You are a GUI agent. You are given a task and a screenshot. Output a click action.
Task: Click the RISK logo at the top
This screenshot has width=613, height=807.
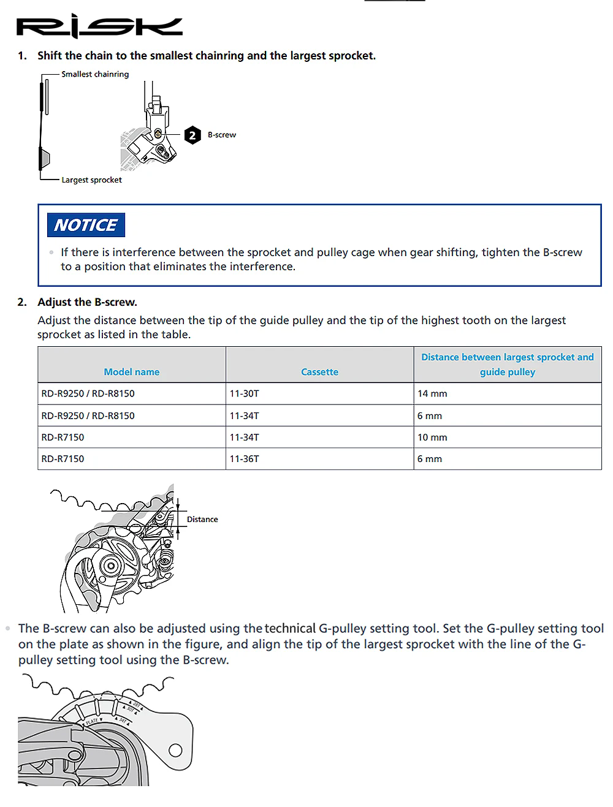[x=99, y=26]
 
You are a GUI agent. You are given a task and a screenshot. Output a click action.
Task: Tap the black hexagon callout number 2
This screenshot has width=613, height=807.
[x=192, y=135]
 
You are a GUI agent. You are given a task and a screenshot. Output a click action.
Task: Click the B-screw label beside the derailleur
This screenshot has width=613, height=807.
[x=222, y=135]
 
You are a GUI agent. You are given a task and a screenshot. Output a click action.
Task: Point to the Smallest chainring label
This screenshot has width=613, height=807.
[x=95, y=74]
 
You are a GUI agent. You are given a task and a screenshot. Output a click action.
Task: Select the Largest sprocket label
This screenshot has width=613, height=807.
[x=91, y=180]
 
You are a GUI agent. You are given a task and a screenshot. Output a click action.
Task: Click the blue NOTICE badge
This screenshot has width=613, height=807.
[x=86, y=225]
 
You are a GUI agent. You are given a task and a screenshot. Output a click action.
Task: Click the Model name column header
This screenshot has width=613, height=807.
[x=132, y=372]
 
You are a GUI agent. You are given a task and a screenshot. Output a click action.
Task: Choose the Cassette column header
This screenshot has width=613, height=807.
[x=319, y=372]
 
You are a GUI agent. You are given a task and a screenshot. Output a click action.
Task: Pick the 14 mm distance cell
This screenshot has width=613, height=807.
[x=432, y=393]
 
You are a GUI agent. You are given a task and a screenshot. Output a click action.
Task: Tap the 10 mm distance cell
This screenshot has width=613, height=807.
[x=432, y=437]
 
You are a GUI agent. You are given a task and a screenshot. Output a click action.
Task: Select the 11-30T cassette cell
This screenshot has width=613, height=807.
[x=244, y=393]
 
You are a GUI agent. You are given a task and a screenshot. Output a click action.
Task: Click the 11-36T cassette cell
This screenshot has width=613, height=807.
[x=244, y=459]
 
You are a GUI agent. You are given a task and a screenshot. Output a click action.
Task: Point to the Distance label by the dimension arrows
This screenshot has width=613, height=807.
[x=202, y=519]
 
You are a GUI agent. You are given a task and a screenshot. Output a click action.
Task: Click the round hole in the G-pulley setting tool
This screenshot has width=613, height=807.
[x=175, y=751]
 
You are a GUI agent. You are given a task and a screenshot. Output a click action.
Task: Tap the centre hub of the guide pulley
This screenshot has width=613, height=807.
[x=110, y=566]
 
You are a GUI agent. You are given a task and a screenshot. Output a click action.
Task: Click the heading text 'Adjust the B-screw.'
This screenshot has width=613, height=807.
[x=87, y=302]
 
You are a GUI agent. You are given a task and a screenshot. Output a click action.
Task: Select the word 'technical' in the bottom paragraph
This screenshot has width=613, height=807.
[x=290, y=628]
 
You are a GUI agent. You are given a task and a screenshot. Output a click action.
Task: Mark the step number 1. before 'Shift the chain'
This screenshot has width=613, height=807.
[x=22, y=56]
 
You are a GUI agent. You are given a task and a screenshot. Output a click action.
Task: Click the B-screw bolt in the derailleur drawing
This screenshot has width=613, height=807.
[x=158, y=134]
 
